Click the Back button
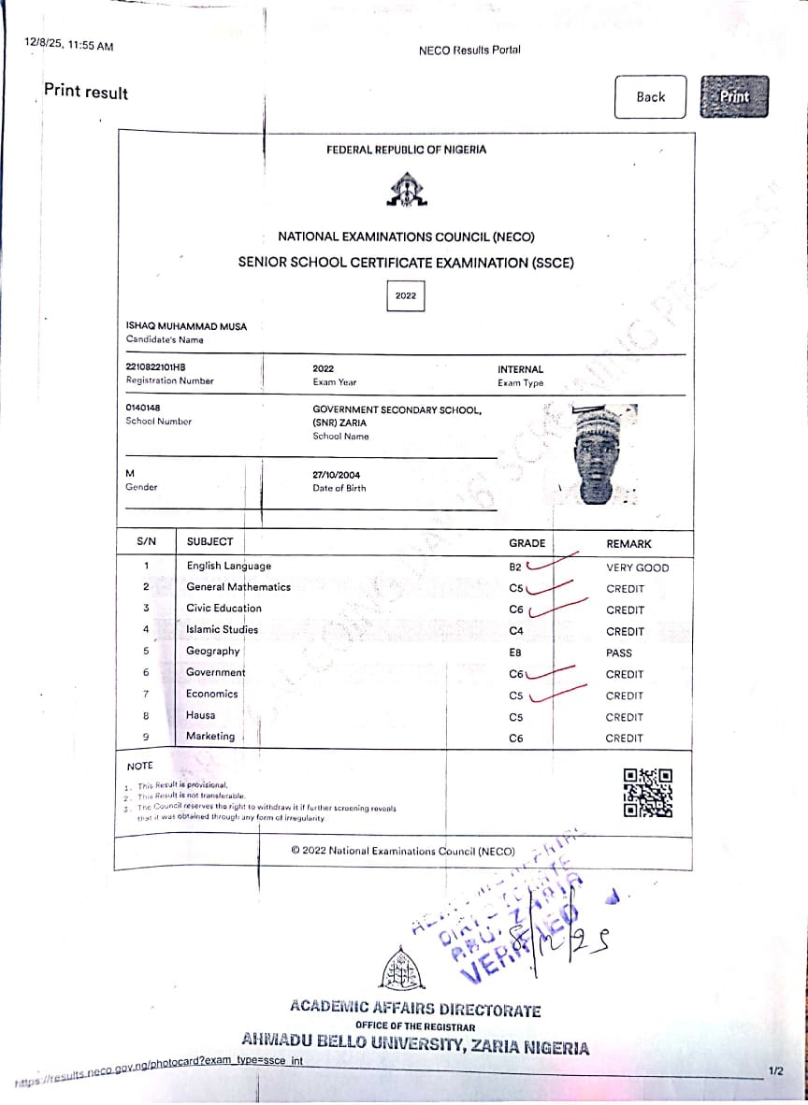point(650,96)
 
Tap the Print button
point(734,96)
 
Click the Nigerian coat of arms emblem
point(406,191)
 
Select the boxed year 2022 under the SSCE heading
point(406,295)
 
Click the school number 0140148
point(143,409)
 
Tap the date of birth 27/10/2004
point(337,475)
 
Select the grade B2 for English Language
point(515,567)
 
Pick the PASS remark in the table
point(619,653)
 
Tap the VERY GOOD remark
point(638,567)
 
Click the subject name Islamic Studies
point(222,629)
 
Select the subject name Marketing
point(210,736)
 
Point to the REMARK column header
point(628,543)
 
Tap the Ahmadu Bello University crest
point(404,966)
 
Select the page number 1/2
point(775,1070)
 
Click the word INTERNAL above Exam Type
point(520,369)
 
